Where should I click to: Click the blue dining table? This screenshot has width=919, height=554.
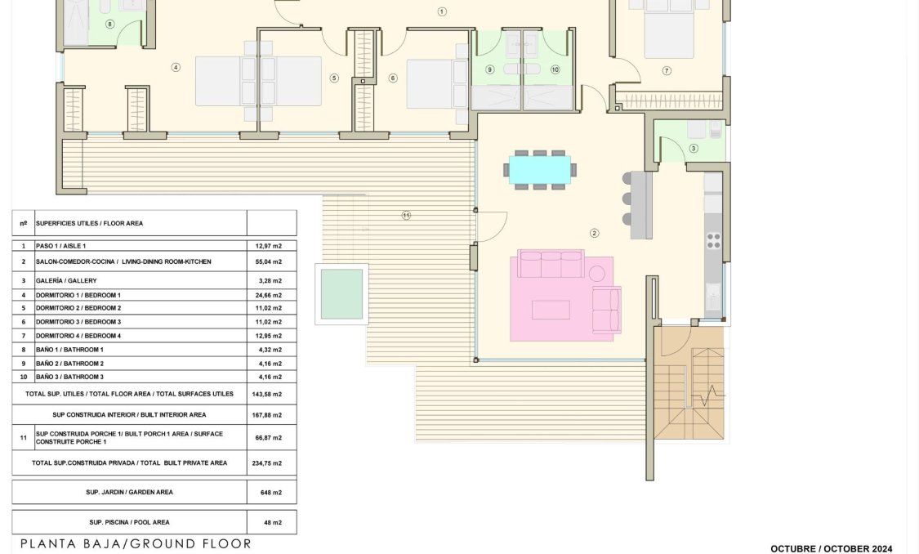coord(539,169)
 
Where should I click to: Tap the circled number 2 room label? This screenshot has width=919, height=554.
coord(595,234)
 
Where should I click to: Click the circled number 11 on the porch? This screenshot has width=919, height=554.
coord(406,216)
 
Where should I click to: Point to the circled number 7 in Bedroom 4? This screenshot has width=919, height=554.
coord(667,71)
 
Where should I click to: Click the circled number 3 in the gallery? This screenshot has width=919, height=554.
coord(694,148)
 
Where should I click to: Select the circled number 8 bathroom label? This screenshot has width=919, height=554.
coord(110,24)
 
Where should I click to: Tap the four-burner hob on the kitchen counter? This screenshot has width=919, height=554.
coord(713,240)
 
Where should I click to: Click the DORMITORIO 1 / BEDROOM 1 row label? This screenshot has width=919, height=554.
coord(78,295)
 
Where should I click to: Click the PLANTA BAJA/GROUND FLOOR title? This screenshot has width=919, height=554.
coord(136,543)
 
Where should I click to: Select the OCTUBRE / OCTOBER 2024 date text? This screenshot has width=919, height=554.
coord(831,549)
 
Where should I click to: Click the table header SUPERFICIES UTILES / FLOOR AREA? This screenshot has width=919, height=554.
coord(89,222)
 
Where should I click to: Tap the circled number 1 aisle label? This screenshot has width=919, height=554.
coord(442,11)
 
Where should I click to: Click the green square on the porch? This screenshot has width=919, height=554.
coord(341,294)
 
